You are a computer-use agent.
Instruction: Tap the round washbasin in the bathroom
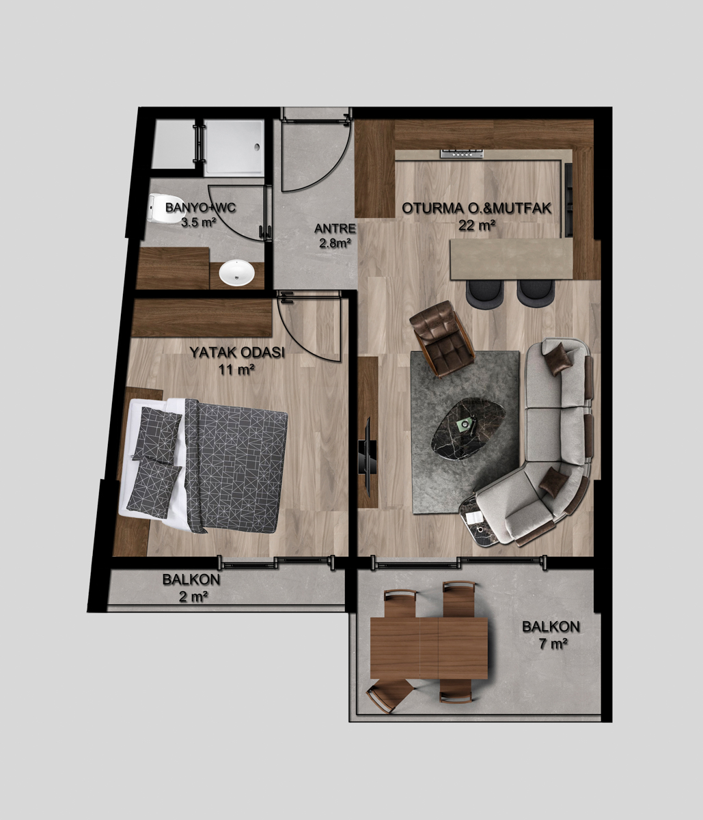tap(237, 272)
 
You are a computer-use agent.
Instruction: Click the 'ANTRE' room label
tap(335, 229)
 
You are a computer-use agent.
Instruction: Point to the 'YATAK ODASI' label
tap(237, 353)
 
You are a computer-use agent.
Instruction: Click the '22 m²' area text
tap(477, 225)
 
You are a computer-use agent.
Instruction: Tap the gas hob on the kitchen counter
tap(463, 154)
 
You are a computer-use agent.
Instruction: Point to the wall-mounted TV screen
tap(366, 456)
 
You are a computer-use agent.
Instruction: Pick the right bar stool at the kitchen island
tap(535, 293)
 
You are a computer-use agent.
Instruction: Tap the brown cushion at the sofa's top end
tap(560, 359)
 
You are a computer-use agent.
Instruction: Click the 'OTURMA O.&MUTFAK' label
tap(477, 208)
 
